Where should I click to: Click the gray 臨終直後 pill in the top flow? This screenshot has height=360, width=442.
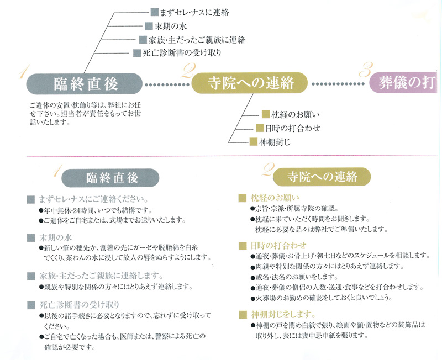click(86, 84)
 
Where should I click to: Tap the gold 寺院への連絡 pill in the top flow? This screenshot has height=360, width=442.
click(250, 84)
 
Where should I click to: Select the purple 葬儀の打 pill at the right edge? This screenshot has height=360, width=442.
click(406, 83)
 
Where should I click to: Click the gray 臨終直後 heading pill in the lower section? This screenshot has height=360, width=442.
click(111, 178)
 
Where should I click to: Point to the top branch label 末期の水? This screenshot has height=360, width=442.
click(166, 25)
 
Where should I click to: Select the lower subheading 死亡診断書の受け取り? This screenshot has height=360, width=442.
click(81, 304)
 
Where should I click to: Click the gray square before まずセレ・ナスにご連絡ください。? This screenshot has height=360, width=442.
click(31, 198)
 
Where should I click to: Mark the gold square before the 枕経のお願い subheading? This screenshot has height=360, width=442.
click(242, 197)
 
